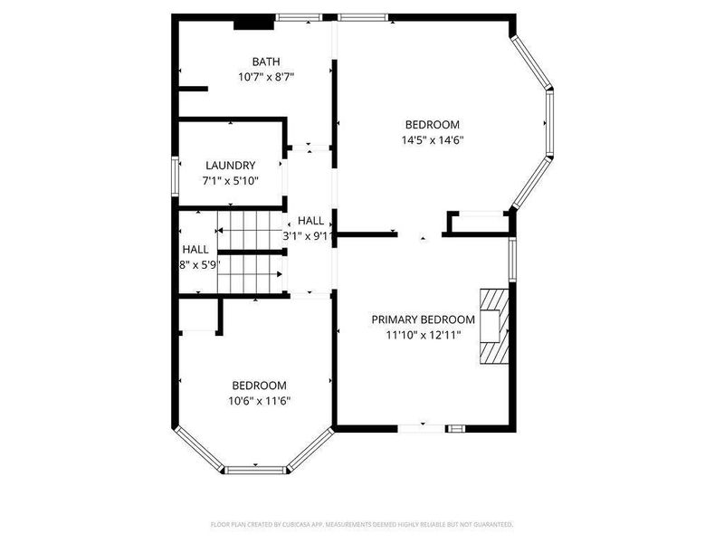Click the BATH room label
click(266, 62)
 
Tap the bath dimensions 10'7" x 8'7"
click(266, 77)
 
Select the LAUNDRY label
click(230, 166)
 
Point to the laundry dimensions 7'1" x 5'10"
click(230, 181)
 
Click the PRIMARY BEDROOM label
click(423, 319)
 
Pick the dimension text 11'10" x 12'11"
click(423, 335)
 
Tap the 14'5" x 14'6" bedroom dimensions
click(433, 140)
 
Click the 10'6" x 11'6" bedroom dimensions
click(260, 400)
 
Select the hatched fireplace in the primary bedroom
click(494, 326)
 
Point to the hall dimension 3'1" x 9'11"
click(309, 235)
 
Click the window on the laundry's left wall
click(176, 175)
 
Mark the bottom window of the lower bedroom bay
click(254, 469)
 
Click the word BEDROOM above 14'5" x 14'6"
click(433, 125)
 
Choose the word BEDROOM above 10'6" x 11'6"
click(260, 385)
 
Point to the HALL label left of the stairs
click(195, 249)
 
